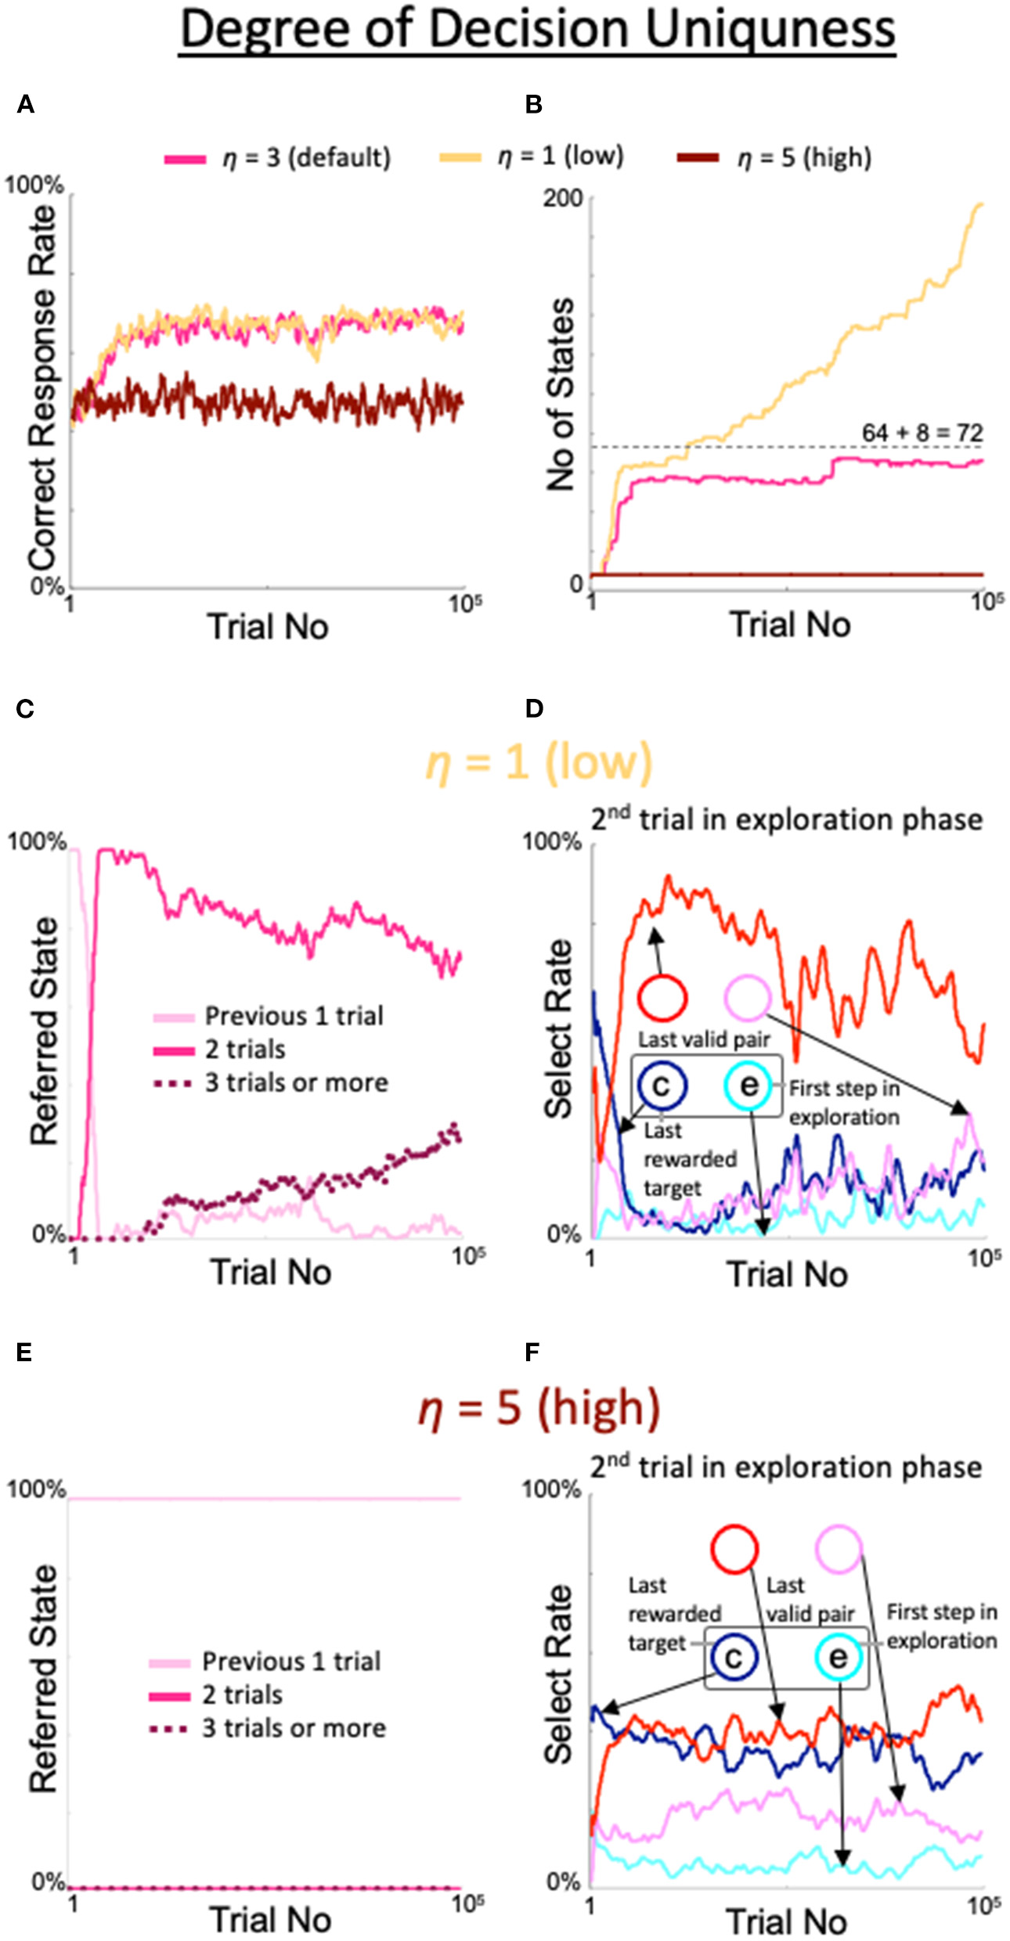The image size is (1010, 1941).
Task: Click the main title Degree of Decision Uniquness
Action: point(537,30)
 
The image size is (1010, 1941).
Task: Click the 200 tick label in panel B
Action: point(563,198)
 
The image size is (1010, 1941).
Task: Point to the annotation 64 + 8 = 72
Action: point(922,433)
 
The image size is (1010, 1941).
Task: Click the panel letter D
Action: point(534,708)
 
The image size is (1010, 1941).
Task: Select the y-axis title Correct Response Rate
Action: point(43,387)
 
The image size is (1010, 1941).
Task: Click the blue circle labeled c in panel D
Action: point(662,1086)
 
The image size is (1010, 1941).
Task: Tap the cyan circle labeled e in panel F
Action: point(838,1658)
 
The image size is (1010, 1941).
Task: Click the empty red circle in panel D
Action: point(662,998)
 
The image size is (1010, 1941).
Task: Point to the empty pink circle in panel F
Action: point(839,1548)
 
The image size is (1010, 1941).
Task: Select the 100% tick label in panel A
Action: point(34,186)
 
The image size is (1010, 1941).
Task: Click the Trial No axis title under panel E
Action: point(271,1920)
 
